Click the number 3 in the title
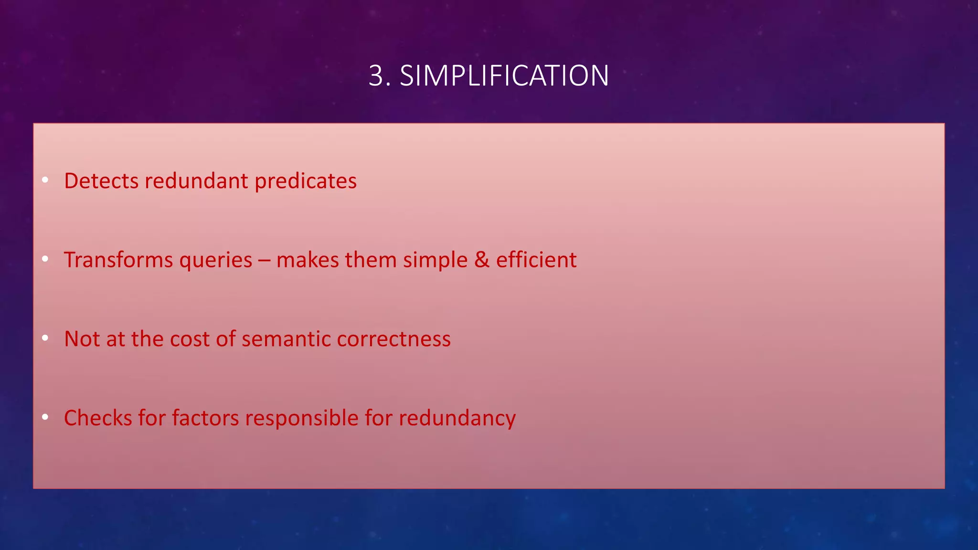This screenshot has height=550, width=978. click(377, 76)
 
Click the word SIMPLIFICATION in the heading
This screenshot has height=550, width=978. click(504, 76)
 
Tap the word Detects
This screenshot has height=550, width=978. click(101, 181)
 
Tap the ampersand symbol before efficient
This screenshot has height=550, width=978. click(482, 260)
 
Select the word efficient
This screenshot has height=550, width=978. click(536, 260)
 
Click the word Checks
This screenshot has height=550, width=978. click(98, 418)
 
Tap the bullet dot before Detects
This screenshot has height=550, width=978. click(45, 180)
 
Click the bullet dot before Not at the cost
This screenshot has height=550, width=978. click(45, 338)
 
